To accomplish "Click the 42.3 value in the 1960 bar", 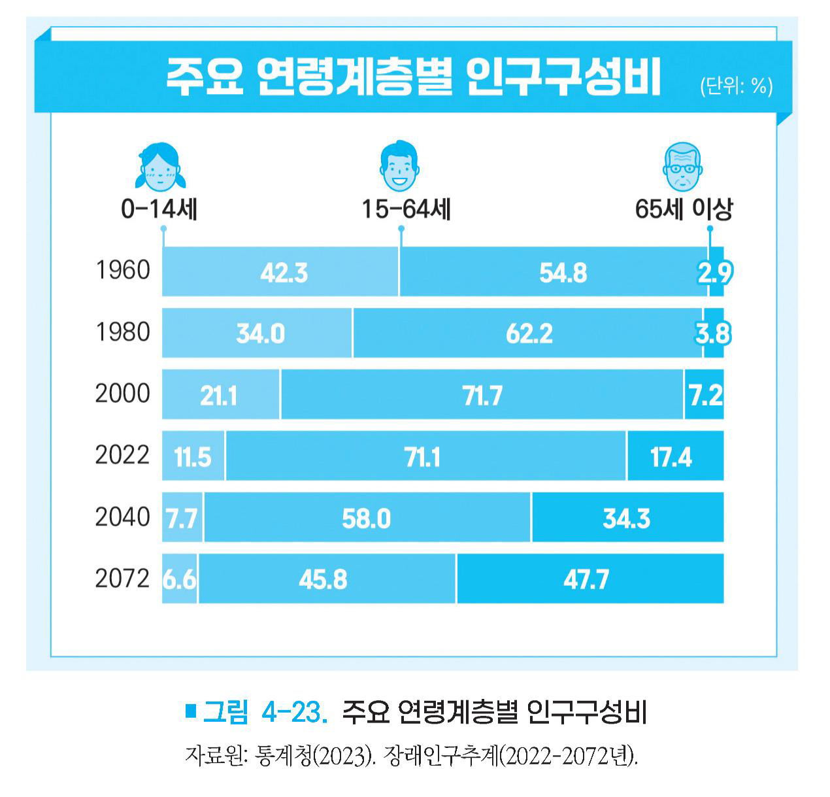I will pyautogui.click(x=284, y=273).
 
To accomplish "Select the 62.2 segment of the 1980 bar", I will pyautogui.click(x=529, y=333).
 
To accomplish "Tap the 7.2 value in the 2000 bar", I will pyautogui.click(x=705, y=395).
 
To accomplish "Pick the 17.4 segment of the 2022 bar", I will pyautogui.click(x=671, y=456).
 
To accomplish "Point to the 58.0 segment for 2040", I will pyautogui.click(x=366, y=518).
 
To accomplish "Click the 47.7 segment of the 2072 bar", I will pyautogui.click(x=586, y=579).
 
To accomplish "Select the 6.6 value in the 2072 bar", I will pyautogui.click(x=179, y=579).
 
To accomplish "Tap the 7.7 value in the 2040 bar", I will pyautogui.click(x=181, y=518).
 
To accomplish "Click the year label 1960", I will pyautogui.click(x=123, y=271).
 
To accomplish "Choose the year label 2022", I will pyautogui.click(x=122, y=455).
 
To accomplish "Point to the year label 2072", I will pyautogui.click(x=122, y=579).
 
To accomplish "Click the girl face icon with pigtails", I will pyautogui.click(x=158, y=167).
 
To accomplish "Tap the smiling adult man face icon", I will pyautogui.click(x=399, y=167).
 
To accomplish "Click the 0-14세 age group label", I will pyautogui.click(x=159, y=209).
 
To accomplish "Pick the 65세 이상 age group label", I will pyautogui.click(x=684, y=209).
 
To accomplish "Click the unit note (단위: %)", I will pyautogui.click(x=735, y=86).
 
